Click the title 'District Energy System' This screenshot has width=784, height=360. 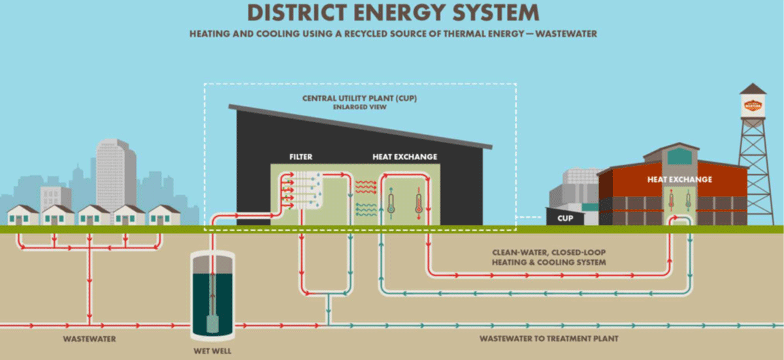(x=392, y=12)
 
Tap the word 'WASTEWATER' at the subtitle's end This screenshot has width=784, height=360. (x=565, y=34)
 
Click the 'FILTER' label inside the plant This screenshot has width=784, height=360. (x=301, y=157)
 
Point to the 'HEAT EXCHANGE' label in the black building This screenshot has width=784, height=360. (x=404, y=157)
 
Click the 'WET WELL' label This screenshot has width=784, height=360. (x=211, y=351)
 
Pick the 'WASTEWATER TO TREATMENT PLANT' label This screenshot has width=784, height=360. (x=549, y=339)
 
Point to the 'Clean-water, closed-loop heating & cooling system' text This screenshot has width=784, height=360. (x=549, y=257)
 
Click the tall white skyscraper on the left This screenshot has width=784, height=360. (x=116, y=173)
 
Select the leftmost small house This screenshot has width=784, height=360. (x=22, y=215)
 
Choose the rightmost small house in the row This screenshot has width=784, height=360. (x=163, y=215)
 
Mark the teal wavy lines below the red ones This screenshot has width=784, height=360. (x=366, y=209)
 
